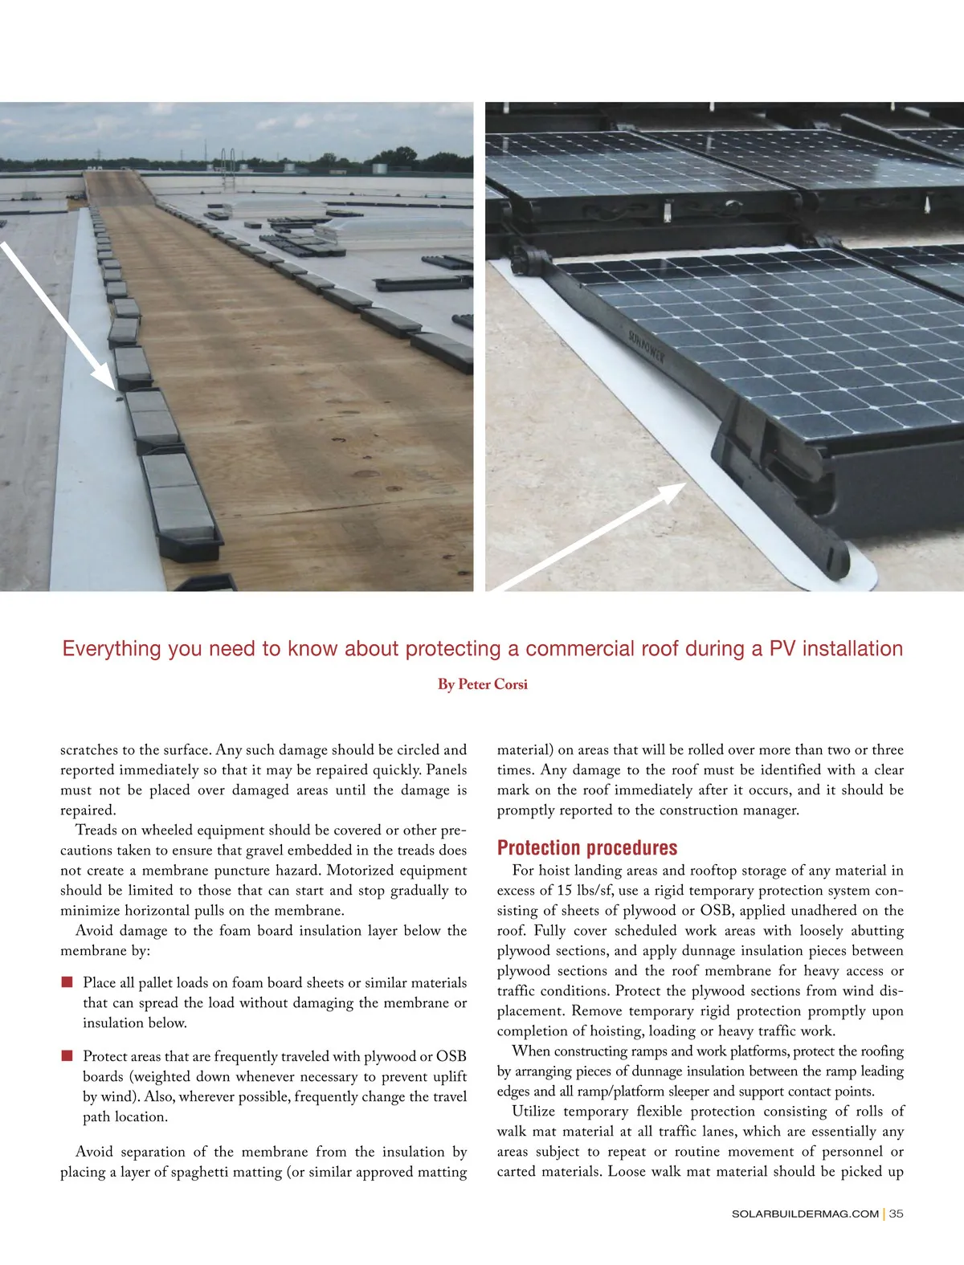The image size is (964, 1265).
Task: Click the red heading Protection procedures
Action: click(586, 848)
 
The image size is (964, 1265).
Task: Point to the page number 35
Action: click(896, 1214)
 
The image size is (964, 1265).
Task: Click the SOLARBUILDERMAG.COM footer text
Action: click(805, 1214)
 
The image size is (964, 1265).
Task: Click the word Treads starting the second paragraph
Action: click(97, 830)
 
